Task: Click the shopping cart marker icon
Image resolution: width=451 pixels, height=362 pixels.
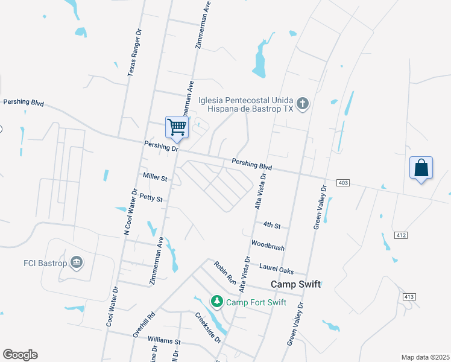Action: click(x=177, y=127)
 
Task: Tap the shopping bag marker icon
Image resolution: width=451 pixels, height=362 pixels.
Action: click(x=421, y=168)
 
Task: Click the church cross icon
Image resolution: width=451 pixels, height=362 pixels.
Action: click(x=303, y=105)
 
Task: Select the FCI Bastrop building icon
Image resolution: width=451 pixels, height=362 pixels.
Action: click(x=77, y=262)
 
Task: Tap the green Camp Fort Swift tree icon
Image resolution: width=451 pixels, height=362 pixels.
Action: click(x=216, y=300)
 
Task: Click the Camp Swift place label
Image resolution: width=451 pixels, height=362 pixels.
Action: click(x=295, y=284)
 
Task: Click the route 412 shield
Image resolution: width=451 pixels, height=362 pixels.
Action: click(x=400, y=234)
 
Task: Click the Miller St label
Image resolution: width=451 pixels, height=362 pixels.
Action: click(x=155, y=177)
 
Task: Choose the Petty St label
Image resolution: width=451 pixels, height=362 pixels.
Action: click(x=151, y=198)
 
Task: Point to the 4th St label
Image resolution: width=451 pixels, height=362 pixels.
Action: click(x=272, y=225)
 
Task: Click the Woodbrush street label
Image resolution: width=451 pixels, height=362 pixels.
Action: click(x=268, y=247)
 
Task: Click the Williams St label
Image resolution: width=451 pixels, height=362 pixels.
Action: click(x=164, y=341)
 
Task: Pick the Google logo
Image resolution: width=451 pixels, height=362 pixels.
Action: click(x=20, y=355)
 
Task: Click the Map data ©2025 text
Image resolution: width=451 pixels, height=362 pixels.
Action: click(x=425, y=357)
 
